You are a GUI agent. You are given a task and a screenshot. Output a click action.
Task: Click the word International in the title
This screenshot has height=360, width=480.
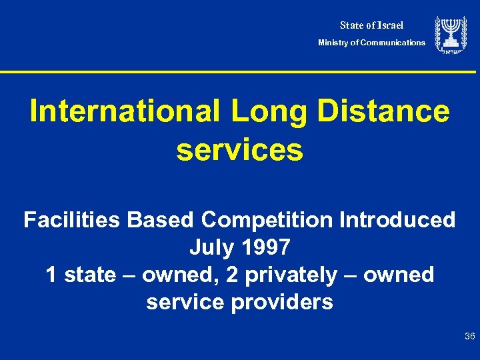[125, 111]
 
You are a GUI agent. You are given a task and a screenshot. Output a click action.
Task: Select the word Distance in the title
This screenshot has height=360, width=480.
[384, 111]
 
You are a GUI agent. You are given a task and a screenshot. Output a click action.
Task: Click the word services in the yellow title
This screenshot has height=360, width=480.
[239, 150]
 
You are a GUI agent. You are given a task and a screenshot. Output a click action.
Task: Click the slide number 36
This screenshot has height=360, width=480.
[469, 337]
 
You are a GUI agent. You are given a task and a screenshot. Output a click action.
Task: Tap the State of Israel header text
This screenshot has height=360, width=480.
[371, 25]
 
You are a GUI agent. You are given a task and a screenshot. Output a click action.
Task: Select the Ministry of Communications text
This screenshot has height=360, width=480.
[371, 43]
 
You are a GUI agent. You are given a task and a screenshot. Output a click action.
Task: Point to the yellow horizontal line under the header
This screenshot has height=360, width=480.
[240, 72]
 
